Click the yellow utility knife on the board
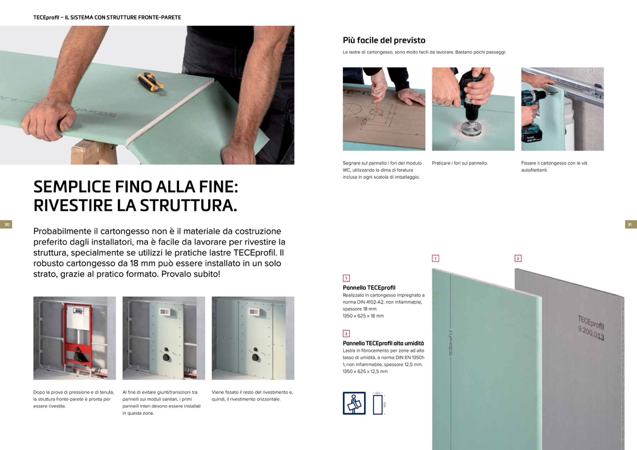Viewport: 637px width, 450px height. point(150,82)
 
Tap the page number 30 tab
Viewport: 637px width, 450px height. point(6,224)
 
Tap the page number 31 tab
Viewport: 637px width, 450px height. point(630,224)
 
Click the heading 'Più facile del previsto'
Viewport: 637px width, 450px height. point(384,40)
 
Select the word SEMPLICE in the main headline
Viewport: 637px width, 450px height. point(72,187)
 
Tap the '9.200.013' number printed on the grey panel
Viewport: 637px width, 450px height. point(591,333)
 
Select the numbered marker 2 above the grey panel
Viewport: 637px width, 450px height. point(518,258)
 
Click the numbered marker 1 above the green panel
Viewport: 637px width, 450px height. point(435,258)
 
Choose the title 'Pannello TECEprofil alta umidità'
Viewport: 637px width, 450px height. point(383,343)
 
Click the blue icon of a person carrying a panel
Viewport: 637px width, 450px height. point(354,403)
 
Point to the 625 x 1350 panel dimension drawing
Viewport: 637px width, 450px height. point(379,404)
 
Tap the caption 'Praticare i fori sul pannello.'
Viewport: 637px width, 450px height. point(459,163)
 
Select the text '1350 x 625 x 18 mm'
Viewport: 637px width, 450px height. point(363,316)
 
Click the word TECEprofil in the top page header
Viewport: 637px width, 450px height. point(46,17)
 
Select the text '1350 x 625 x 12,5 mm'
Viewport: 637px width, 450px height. point(365,371)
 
